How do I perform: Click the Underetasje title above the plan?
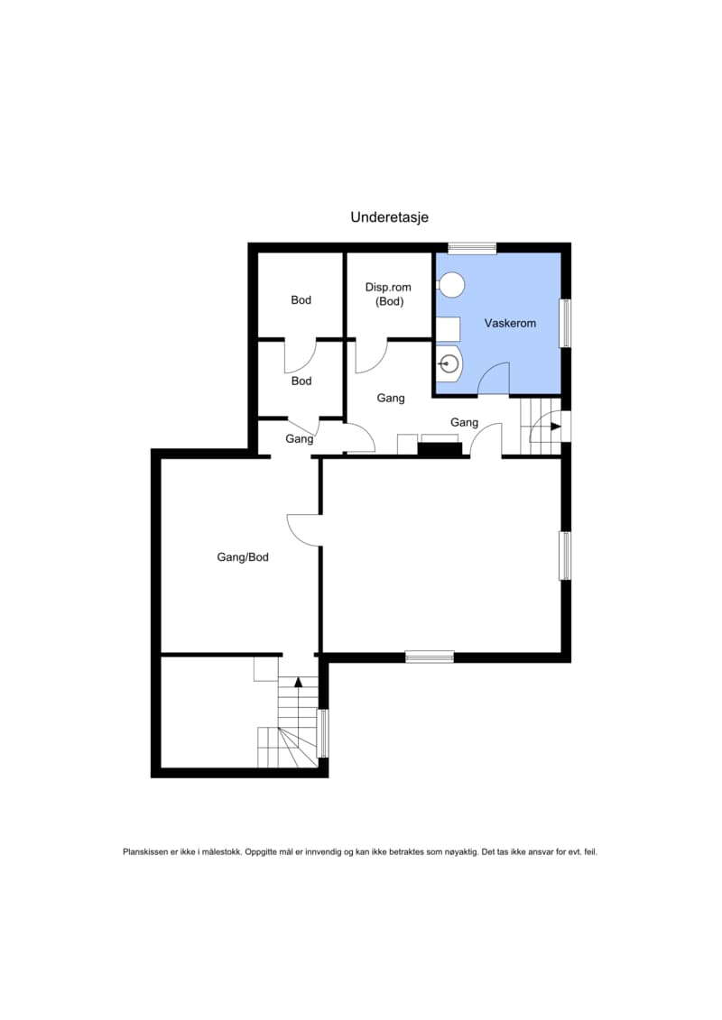pyautogui.click(x=389, y=217)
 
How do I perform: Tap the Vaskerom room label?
pyautogui.click(x=510, y=323)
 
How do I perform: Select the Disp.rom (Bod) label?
pyautogui.click(x=389, y=294)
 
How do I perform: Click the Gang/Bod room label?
pyautogui.click(x=242, y=556)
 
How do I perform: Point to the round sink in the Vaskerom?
pyautogui.click(x=449, y=363)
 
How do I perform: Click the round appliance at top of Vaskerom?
pyautogui.click(x=451, y=285)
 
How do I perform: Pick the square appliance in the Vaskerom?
pyautogui.click(x=448, y=328)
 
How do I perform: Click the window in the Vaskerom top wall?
pyautogui.click(x=473, y=247)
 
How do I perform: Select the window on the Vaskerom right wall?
pyautogui.click(x=566, y=323)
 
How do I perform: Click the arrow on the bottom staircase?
pyautogui.click(x=298, y=682)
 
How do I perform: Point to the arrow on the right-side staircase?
pyautogui.click(x=555, y=427)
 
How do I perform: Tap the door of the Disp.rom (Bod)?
pyautogui.click(x=371, y=356)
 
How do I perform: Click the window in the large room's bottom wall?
pyautogui.click(x=430, y=657)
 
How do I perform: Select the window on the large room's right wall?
pyautogui.click(x=566, y=556)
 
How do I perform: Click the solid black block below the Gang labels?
pyautogui.click(x=440, y=449)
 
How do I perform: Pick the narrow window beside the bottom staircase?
pyautogui.click(x=322, y=733)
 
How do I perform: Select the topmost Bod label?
pyautogui.click(x=301, y=300)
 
